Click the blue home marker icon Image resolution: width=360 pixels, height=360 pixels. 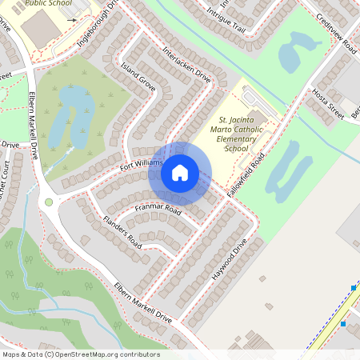[x=180, y=172]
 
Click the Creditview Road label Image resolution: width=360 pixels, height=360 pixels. [x=335, y=32]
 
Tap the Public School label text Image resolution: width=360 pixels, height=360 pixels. [x=47, y=4]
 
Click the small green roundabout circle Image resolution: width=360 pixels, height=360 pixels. [x=49, y=202]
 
